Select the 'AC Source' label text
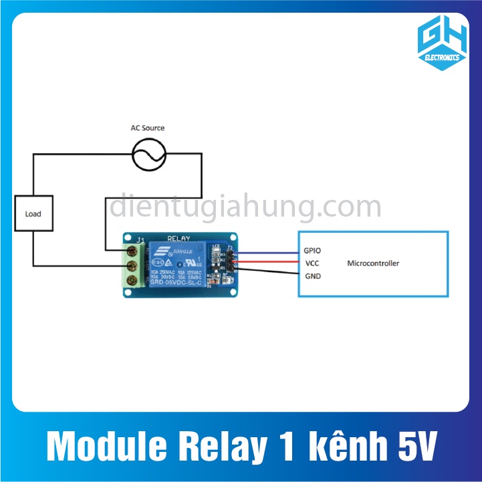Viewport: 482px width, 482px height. (x=147, y=128)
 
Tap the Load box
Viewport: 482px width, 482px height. (x=33, y=214)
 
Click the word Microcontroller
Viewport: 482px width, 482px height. (x=373, y=263)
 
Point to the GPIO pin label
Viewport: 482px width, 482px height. (x=312, y=251)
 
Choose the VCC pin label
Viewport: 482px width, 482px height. (x=312, y=263)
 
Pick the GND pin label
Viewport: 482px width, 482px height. (x=312, y=276)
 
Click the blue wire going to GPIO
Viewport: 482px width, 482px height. (x=267, y=253)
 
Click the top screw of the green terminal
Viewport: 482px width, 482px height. (x=132, y=251)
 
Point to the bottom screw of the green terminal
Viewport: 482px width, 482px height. (x=132, y=281)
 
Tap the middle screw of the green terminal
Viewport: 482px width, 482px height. (x=132, y=266)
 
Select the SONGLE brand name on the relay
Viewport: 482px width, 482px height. (x=184, y=251)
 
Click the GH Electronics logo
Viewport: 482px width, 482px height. (x=439, y=41)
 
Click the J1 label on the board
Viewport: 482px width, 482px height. (x=140, y=241)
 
